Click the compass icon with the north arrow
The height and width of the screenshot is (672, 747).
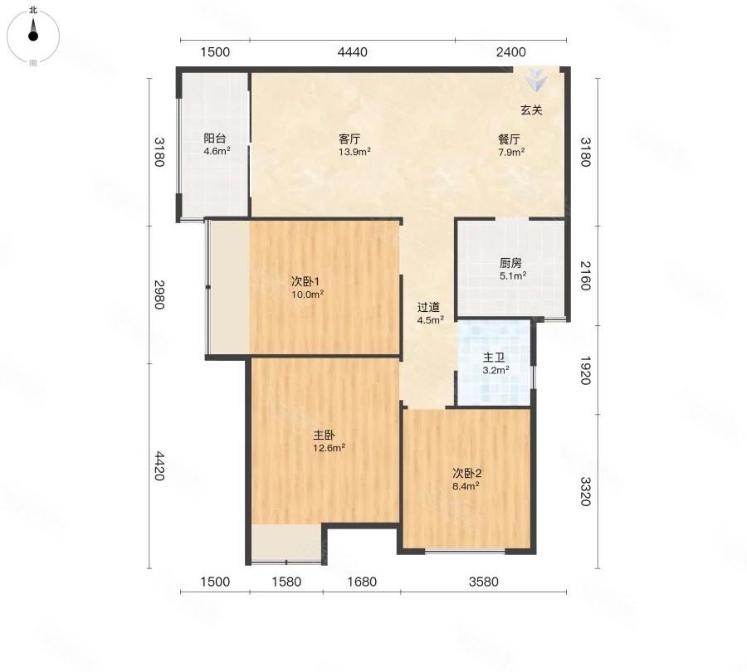coord(33,37)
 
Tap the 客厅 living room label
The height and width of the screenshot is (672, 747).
coord(349,139)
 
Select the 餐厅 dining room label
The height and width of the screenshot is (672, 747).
coord(509,139)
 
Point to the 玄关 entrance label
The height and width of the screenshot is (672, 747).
coord(531,110)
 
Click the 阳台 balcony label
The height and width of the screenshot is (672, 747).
coord(214,138)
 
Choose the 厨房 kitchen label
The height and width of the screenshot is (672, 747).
coord(510,263)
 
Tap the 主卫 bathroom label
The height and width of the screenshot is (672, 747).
coord(494,358)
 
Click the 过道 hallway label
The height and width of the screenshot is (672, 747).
coord(428,307)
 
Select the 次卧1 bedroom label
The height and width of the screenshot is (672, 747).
coord(305,281)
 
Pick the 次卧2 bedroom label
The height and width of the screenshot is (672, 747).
coord(466,474)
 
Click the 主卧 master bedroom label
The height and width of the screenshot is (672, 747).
coord(324,435)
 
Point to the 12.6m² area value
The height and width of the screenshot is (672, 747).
coord(330,448)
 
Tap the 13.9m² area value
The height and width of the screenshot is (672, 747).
coord(355,152)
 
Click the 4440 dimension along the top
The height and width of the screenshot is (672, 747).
coord(353,52)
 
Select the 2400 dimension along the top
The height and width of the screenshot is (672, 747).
coord(511,52)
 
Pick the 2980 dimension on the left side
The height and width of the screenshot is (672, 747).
coord(159,295)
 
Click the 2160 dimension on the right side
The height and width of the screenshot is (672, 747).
coord(585,275)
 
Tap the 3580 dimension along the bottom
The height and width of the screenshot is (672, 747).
coord(484,582)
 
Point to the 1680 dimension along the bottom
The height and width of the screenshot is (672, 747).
coord(362,582)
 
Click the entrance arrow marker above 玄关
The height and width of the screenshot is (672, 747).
coord(537,79)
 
